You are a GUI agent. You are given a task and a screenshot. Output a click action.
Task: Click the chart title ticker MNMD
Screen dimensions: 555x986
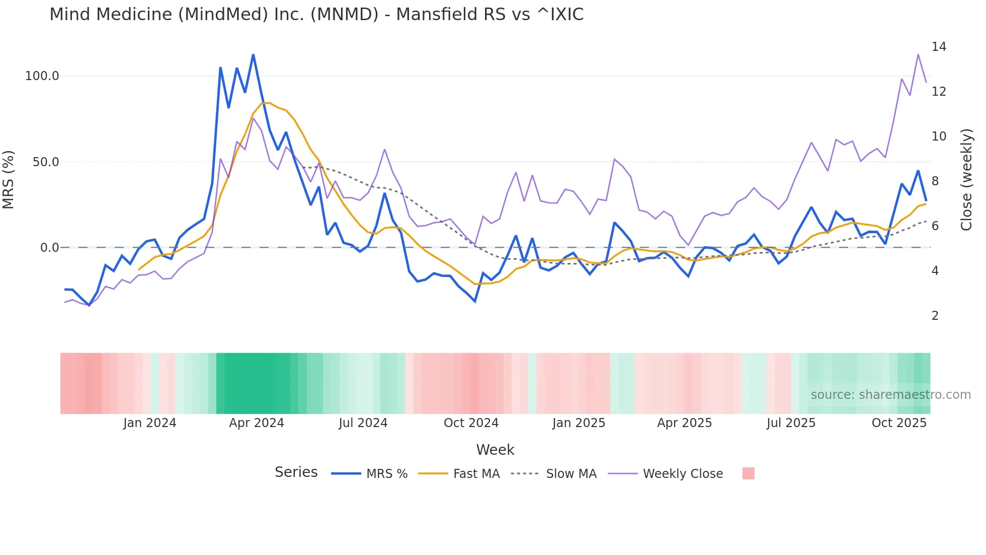click(x=344, y=15)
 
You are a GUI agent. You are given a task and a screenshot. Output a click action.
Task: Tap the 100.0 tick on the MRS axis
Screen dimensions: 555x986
click(x=42, y=76)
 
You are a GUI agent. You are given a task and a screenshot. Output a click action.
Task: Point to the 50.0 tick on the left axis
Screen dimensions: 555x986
click(x=46, y=162)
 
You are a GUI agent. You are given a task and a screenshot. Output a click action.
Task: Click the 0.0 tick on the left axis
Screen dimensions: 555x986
click(x=49, y=248)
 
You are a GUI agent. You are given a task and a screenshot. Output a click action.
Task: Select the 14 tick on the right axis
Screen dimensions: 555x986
click(x=939, y=47)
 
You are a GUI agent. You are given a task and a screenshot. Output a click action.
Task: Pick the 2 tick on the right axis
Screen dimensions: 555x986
click(x=935, y=316)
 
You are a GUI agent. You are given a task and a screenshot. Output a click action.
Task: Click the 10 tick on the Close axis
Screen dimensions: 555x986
click(x=939, y=136)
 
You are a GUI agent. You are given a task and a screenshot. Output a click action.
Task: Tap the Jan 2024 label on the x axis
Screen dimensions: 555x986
click(x=149, y=423)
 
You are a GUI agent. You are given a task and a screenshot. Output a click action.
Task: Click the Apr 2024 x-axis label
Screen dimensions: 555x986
click(x=257, y=423)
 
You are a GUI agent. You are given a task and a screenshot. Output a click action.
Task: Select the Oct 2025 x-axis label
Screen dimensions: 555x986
click(x=899, y=423)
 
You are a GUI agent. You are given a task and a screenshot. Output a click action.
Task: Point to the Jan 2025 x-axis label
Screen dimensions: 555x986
click(x=579, y=423)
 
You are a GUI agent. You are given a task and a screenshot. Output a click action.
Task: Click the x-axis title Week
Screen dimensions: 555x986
click(x=495, y=450)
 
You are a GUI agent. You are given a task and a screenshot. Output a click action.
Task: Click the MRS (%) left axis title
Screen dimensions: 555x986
click(x=9, y=180)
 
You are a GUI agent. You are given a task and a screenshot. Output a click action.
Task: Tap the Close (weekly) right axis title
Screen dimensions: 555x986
click(x=966, y=180)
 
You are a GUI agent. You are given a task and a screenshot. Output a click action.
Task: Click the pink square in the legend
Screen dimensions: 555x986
click(x=748, y=473)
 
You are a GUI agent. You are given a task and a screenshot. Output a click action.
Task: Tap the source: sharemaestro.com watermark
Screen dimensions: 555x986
click(x=890, y=395)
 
